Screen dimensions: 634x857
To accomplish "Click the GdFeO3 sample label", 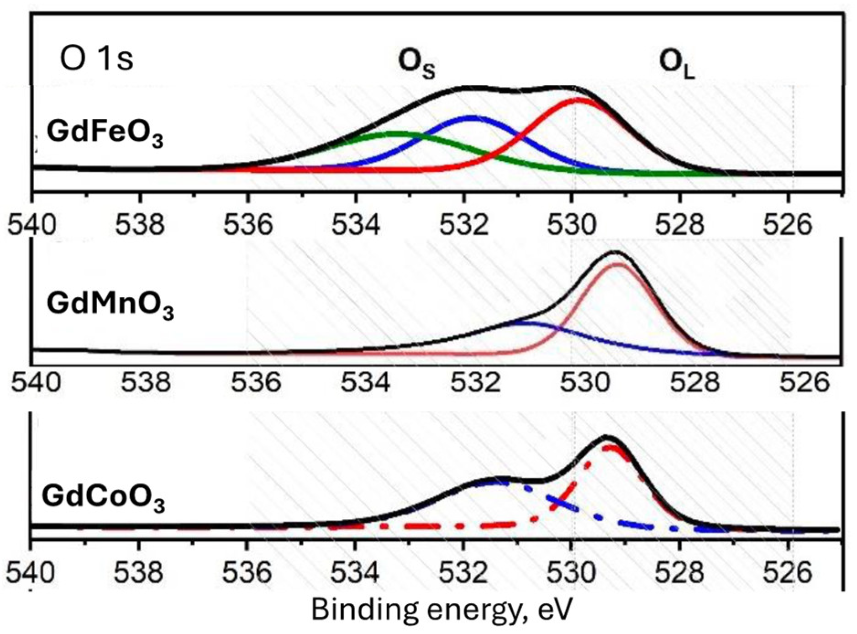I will (x=105, y=134).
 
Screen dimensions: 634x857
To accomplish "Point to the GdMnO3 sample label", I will (x=110, y=305).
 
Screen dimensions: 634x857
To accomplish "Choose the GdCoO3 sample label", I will (x=103, y=498).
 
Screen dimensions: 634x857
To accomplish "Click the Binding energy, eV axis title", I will (x=441, y=610).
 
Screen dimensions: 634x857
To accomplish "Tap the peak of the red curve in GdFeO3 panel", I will (x=579, y=99).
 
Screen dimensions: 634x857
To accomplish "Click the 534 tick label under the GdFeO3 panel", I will (x=355, y=225).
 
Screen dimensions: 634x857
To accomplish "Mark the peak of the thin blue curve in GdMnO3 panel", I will (x=521, y=322).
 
